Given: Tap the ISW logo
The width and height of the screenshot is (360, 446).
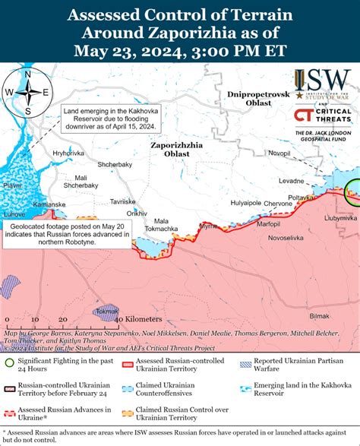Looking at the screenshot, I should (x=323, y=84).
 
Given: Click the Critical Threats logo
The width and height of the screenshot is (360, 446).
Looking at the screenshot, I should (x=323, y=117).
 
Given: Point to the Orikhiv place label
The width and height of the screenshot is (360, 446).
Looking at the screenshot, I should (x=137, y=214).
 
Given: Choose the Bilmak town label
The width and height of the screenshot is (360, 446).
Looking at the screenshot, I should (x=320, y=315).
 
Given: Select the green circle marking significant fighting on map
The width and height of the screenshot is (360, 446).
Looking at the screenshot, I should (x=353, y=190).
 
